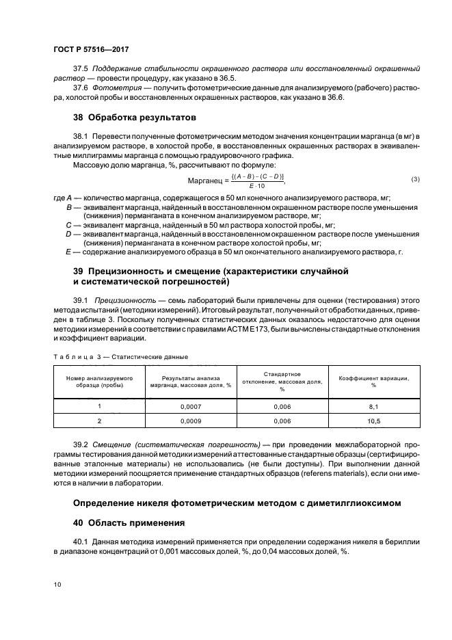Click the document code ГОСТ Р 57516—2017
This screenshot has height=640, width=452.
click(91, 50)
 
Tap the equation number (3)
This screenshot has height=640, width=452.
click(414, 179)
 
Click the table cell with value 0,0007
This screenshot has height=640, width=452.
click(190, 405)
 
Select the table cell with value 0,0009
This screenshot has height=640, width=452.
click(190, 422)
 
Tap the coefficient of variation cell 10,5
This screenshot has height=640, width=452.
click(373, 422)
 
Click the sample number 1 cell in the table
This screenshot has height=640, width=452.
click(99, 405)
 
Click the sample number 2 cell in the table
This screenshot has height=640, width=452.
click(99, 422)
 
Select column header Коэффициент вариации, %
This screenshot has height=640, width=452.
click(373, 381)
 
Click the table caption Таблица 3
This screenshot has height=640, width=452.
click(77, 356)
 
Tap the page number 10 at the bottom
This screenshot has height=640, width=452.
click(57, 585)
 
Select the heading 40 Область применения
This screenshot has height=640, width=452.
click(129, 524)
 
